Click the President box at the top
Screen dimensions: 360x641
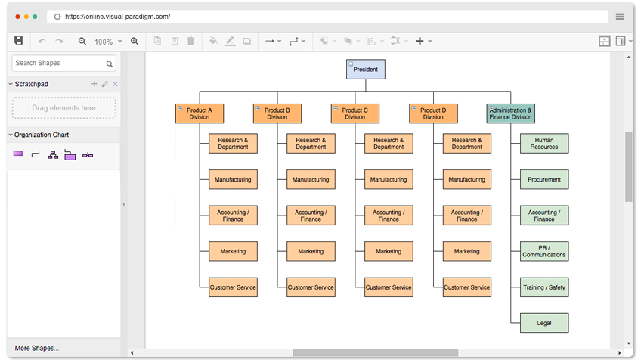tap(366, 70)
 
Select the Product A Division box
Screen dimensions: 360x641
tap(200, 113)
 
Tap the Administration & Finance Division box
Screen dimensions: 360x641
tap(511, 113)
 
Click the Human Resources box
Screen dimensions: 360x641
tap(544, 144)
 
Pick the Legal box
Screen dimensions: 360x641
tap(544, 323)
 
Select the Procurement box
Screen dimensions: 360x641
tap(544, 179)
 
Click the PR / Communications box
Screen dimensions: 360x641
tap(544, 251)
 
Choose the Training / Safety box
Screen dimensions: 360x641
tap(544, 287)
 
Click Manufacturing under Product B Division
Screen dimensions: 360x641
tap(311, 179)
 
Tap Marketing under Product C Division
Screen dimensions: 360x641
tap(389, 251)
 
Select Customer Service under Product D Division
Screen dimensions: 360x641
tap(466, 287)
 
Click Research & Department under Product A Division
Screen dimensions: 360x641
tap(233, 144)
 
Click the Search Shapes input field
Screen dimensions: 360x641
tap(58, 64)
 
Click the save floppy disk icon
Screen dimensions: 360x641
tap(19, 41)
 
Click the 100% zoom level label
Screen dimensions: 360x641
tap(104, 42)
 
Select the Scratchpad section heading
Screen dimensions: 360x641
tap(32, 84)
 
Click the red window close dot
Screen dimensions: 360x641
tap(16, 16)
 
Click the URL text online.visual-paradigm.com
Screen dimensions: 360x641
tap(117, 16)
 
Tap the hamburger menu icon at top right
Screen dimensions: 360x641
tap(620, 16)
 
